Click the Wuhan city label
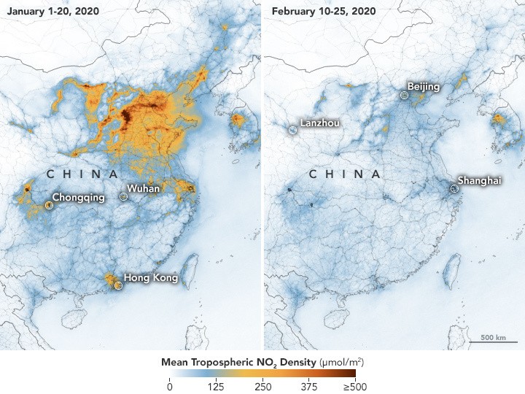[144, 189]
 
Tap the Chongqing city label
[79, 197]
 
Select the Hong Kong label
[151, 277]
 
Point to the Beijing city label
[424, 87]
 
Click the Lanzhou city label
[319, 123]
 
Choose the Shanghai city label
[479, 180]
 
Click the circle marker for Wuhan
[123, 197]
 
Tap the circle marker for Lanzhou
[292, 130]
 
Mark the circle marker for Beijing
[405, 95]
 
